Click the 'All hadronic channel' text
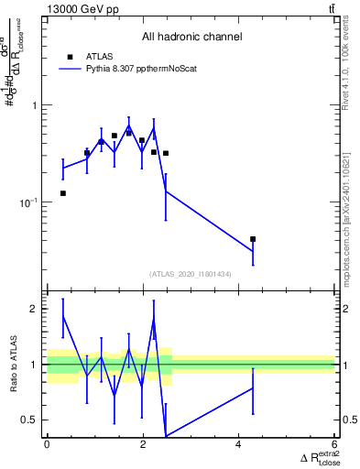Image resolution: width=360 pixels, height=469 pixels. point(191,37)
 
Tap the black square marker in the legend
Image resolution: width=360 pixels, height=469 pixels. point(71,57)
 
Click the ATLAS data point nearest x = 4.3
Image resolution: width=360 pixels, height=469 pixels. point(253,239)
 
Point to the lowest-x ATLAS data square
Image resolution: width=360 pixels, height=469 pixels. point(62,193)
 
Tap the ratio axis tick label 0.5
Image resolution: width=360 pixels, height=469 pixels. point(31,420)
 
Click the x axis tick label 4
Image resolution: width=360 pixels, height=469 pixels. point(238,445)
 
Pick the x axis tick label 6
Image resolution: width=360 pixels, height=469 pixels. point(333,445)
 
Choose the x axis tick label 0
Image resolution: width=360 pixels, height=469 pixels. point(47,445)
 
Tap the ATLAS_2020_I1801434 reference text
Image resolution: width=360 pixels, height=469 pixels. point(191,274)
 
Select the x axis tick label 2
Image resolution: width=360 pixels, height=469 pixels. point(143,445)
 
